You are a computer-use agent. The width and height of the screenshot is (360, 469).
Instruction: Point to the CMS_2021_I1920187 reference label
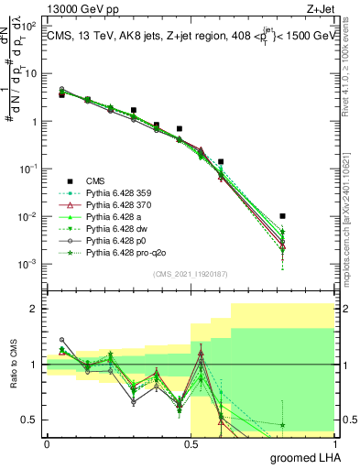click(x=191, y=274)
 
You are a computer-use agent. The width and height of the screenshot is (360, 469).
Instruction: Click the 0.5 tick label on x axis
click(x=191, y=444)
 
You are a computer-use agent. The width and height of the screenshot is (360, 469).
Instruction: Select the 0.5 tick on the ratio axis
click(x=34, y=420)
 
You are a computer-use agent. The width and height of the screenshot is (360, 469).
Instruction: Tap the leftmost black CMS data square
click(x=61, y=94)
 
